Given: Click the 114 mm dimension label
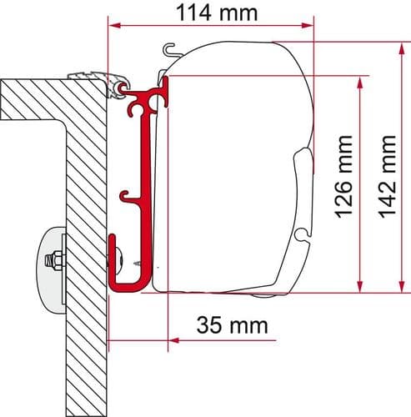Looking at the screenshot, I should tap(218, 13).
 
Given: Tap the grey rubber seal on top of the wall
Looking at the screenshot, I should tap(96, 74).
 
